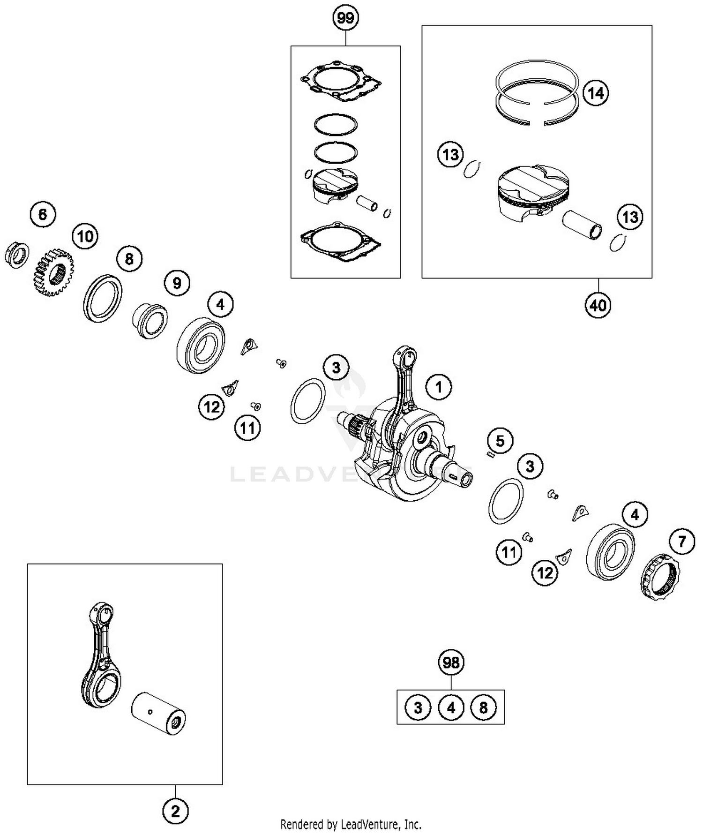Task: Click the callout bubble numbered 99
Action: click(345, 18)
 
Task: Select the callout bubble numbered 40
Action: click(598, 306)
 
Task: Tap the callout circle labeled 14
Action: click(596, 93)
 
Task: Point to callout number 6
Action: click(43, 215)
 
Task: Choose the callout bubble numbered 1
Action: click(439, 387)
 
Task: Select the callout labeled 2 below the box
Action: click(175, 812)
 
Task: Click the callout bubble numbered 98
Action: click(451, 662)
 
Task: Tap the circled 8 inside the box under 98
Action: click(483, 707)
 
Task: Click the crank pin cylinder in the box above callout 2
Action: click(158, 714)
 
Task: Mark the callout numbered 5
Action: click(500, 441)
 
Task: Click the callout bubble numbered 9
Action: click(177, 283)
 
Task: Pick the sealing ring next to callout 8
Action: click(103, 298)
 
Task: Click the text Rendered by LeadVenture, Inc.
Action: click(351, 824)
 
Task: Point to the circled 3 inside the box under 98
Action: click(418, 707)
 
